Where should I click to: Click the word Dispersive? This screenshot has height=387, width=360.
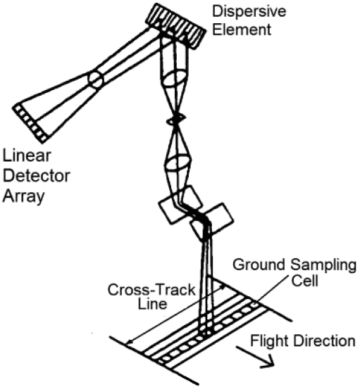[249, 11]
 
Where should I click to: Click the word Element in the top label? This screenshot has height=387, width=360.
[242, 30]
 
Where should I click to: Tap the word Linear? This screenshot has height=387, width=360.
[27, 156]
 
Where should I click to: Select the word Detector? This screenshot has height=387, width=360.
[37, 176]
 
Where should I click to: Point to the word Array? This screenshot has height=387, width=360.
[23, 197]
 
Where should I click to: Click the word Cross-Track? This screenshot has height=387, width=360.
[151, 290]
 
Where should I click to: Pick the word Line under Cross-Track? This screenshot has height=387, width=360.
[152, 303]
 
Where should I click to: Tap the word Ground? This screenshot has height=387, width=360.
[259, 265]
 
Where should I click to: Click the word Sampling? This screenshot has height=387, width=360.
[323, 265]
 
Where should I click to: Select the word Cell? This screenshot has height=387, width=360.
[304, 281]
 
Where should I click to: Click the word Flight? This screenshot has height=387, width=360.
[270, 341]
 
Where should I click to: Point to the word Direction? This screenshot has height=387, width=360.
[324, 341]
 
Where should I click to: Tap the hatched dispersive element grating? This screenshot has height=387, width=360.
[175, 26]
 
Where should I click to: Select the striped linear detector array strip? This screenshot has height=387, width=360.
[30, 123]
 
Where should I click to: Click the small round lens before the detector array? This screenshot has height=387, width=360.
[96, 80]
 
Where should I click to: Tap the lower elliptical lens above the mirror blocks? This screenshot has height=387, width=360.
[178, 163]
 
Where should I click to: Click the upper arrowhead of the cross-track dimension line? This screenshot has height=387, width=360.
[223, 287]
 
